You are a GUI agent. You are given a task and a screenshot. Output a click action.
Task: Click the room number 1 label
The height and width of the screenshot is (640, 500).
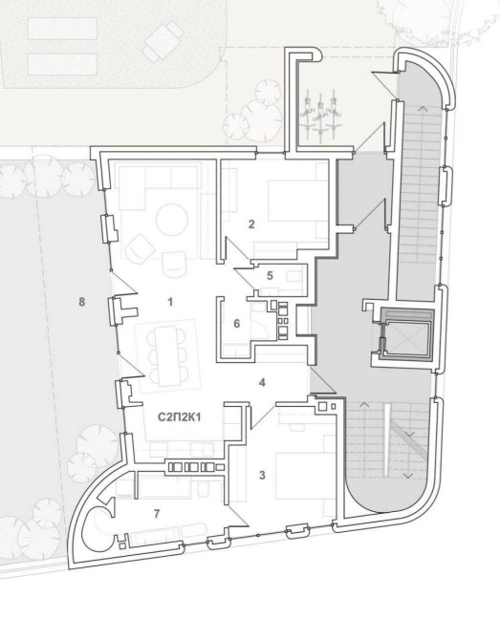170,302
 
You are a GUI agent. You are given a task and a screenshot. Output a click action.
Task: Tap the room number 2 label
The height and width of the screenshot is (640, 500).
251,224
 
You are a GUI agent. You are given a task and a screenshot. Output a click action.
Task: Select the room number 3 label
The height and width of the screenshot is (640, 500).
262,475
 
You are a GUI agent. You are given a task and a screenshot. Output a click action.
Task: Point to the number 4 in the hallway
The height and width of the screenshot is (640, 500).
262,382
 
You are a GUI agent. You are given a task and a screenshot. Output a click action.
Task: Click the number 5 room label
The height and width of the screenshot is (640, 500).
270,275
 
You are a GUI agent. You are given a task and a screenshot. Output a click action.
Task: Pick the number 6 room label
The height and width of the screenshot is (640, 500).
236,324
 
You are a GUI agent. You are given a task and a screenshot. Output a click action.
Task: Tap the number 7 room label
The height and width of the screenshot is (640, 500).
157,514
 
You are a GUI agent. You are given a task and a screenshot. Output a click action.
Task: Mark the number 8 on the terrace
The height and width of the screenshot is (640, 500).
81,302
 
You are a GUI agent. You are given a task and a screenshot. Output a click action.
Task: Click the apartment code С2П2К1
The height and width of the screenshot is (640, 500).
180,417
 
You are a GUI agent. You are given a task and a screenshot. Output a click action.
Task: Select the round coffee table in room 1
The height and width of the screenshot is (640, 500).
172,220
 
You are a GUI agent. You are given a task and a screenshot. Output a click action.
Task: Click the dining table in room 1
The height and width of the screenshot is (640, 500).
166,355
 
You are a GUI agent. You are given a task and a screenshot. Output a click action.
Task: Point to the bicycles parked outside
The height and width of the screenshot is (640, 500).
321,116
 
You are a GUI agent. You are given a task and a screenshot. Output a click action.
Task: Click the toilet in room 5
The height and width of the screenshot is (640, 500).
295,276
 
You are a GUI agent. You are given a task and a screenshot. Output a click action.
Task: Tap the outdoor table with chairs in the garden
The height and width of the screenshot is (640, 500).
163,41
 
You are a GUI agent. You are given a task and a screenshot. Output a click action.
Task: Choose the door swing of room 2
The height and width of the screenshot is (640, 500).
236,249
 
